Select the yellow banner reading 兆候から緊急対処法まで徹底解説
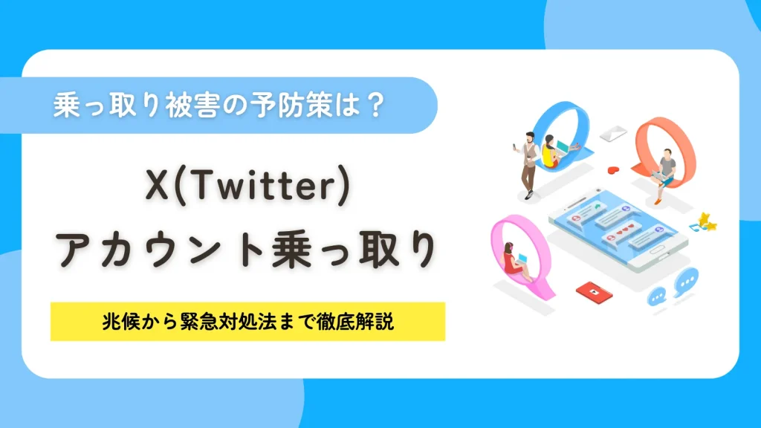pyautogui.click(x=247, y=322)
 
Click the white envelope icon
pyautogui.click(x=615, y=134)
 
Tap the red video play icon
pyautogui.click(x=589, y=291)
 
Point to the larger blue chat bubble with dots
pyautogui.click(x=687, y=281)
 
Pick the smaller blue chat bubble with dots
pyautogui.click(x=657, y=296)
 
